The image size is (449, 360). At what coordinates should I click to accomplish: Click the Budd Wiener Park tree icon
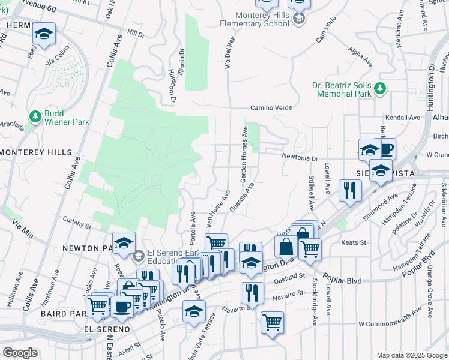click(35, 116)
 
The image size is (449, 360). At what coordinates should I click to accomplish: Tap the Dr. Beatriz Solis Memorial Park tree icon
click(379, 89)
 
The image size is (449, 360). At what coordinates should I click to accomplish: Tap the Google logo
click(20, 353)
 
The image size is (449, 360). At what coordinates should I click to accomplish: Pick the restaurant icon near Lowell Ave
click(349, 190)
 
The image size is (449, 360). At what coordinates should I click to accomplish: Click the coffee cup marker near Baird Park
click(123, 306)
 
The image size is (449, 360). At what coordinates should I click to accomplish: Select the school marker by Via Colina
click(44, 34)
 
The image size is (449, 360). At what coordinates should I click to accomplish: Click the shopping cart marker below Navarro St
click(272, 322)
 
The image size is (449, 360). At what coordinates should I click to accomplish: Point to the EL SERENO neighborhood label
click(107, 329)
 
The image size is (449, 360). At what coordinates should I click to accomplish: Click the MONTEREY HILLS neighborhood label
click(36, 152)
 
